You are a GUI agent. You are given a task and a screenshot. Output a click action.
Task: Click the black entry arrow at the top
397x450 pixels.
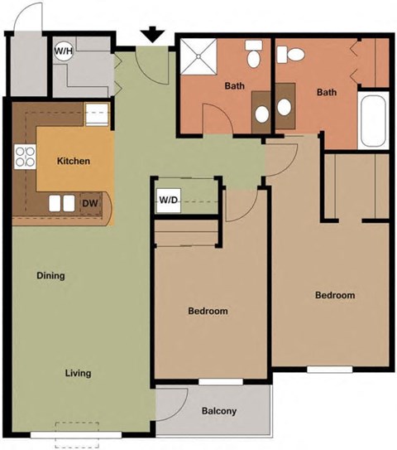coord(151,36)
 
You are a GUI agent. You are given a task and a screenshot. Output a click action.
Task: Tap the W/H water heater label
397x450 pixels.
coord(63,51)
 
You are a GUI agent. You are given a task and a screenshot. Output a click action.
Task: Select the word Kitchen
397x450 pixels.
coord(73,162)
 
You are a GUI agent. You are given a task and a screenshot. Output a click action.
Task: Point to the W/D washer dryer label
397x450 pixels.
coord(169,200)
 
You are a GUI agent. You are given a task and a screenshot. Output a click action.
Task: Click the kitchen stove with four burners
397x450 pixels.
coord(25,157)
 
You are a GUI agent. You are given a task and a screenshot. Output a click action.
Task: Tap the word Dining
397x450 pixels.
coord(50,276)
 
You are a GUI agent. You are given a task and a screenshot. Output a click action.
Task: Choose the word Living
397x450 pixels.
coord(78,373)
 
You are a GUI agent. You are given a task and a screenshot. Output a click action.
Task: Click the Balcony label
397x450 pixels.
coord(219,411)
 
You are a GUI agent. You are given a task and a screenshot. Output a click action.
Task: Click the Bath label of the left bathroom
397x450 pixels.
coord(235,85)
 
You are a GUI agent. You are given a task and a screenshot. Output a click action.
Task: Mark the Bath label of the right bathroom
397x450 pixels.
coord(328,92)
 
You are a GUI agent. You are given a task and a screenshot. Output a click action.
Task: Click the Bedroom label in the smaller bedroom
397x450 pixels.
coord(208,312)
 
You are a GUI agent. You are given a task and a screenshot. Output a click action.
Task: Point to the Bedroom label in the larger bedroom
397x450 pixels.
coord(334,296)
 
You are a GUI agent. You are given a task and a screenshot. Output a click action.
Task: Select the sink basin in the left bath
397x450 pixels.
coord(261,114)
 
